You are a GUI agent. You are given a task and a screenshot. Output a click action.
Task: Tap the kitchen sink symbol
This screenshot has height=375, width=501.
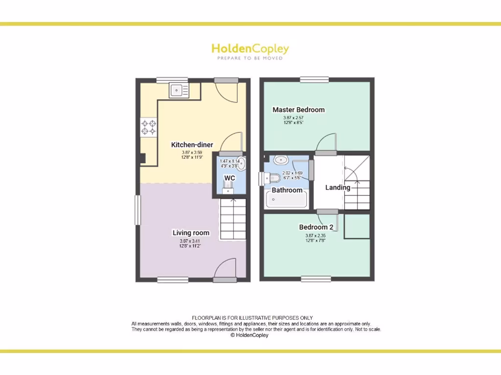pyautogui.click(x=179, y=90)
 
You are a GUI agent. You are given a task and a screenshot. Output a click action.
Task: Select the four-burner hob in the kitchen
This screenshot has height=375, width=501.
pyautogui.click(x=149, y=128)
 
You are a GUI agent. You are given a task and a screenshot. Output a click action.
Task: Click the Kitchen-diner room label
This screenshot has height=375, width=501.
pyautogui.click(x=192, y=145)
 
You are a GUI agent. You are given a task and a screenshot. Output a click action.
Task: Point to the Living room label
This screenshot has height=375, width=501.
pyautogui.click(x=191, y=233)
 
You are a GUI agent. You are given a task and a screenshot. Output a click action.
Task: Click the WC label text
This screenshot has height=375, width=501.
pyautogui.click(x=229, y=178)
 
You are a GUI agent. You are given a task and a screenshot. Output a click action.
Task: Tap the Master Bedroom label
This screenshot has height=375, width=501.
pyautogui.click(x=298, y=110)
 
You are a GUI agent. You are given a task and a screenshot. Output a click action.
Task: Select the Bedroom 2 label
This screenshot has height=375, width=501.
pyautogui.click(x=316, y=227)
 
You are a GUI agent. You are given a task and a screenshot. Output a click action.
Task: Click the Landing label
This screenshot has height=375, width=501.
pyautogui.click(x=338, y=187)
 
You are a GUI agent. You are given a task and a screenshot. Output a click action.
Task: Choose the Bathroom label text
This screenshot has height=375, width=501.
pyautogui.click(x=287, y=190)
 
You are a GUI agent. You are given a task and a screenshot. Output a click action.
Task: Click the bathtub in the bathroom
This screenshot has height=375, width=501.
pyautogui.click(x=286, y=200)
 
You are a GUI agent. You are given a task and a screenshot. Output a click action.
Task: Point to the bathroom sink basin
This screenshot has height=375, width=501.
pyautogui.click(x=281, y=160)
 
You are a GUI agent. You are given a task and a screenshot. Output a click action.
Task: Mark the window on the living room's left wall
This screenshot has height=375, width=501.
pyautogui.click(x=137, y=210)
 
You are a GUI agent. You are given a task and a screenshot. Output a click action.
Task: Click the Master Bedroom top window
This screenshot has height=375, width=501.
pyautogui.click(x=314, y=80)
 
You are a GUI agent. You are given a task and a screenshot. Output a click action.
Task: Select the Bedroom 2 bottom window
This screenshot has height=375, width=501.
pyautogui.click(x=315, y=279)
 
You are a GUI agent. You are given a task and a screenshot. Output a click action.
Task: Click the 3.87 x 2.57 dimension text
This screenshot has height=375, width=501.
pyautogui.click(x=294, y=118)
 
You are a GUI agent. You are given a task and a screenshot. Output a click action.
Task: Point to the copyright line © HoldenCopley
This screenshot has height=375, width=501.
pyautogui.click(x=250, y=335)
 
